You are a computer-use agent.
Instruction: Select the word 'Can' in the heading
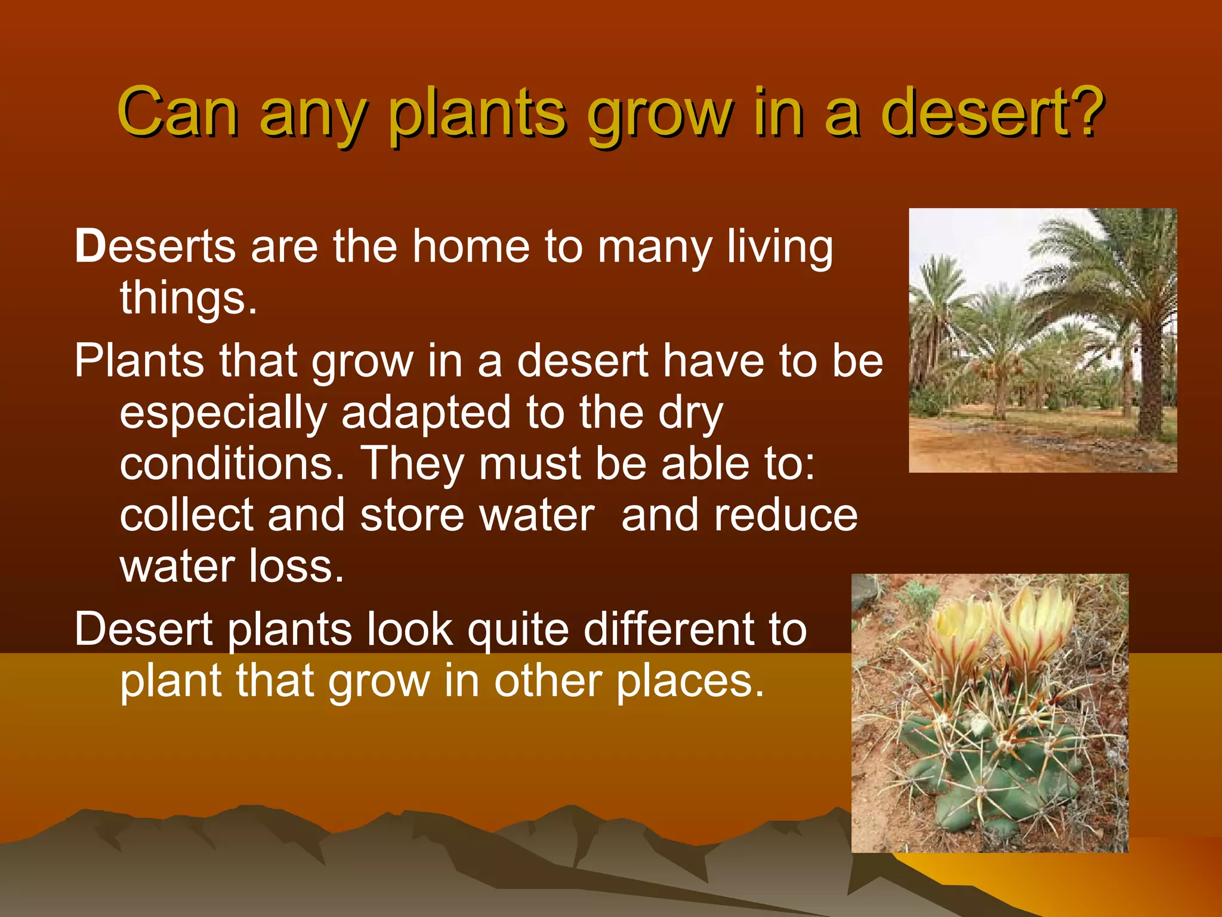click(x=177, y=112)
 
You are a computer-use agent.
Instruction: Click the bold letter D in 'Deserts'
click(x=90, y=246)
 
